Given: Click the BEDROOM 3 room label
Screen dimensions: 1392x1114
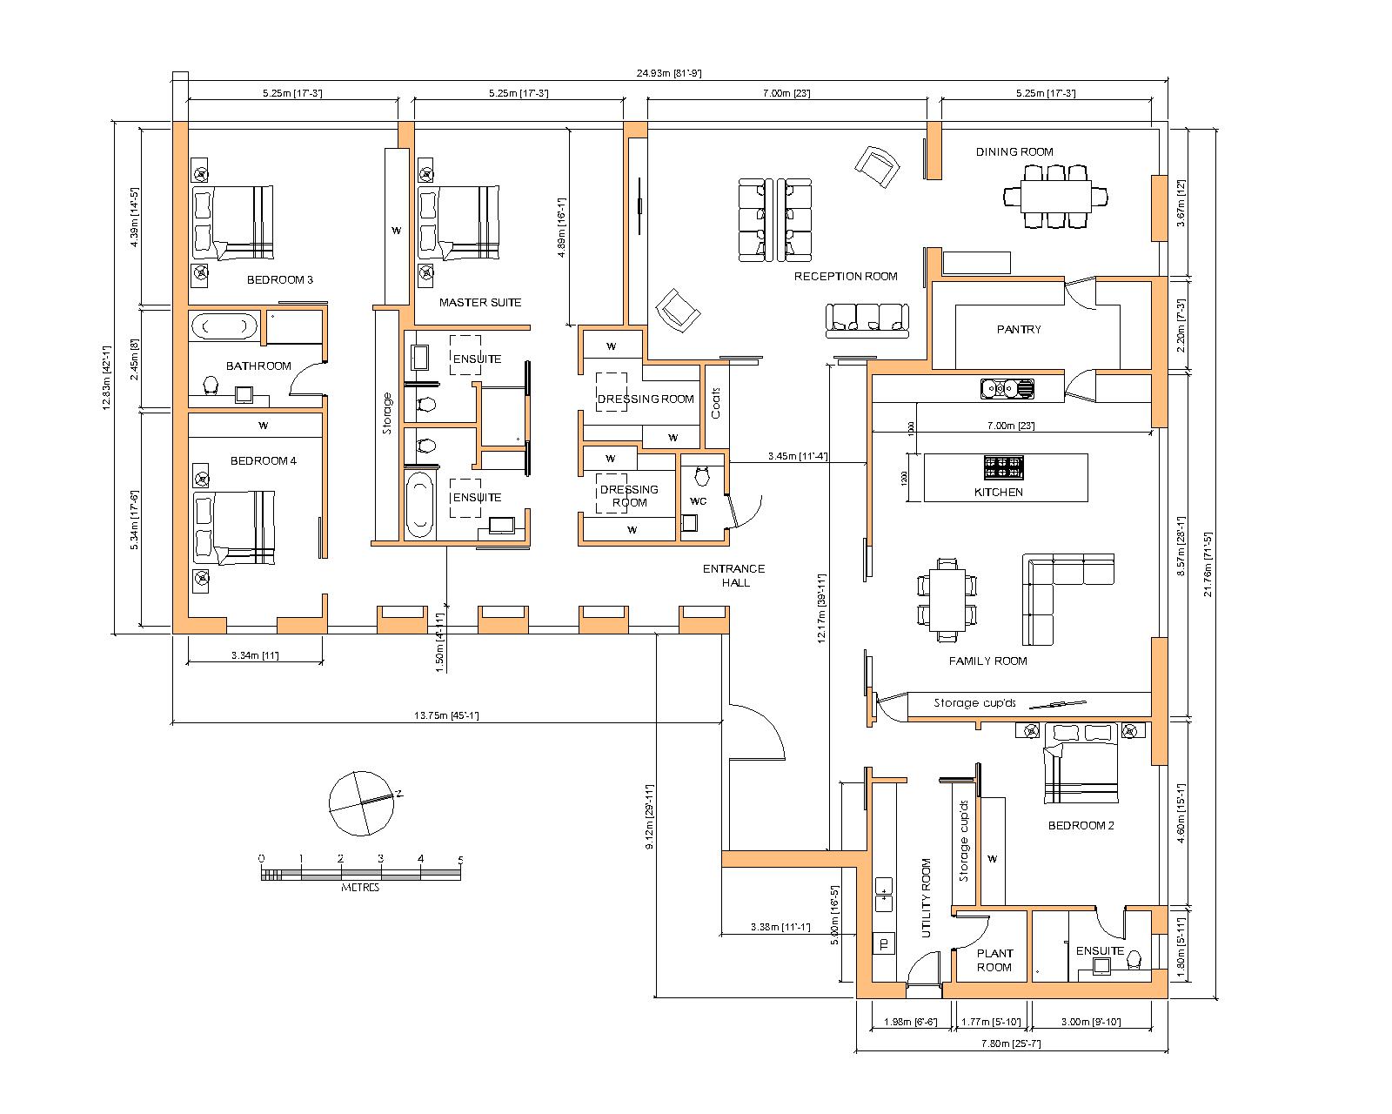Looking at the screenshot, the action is click(x=279, y=279).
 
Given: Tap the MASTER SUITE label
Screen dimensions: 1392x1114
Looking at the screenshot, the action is click(x=480, y=302).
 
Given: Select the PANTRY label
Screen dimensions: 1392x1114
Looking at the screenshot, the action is click(x=1019, y=330).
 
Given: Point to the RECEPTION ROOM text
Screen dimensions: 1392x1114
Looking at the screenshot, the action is click(x=846, y=277).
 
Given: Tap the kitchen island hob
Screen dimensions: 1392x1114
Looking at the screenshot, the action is click(x=1003, y=466).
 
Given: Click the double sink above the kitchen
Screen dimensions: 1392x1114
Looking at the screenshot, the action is click(x=1007, y=388).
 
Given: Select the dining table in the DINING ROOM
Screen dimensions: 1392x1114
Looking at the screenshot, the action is click(x=1055, y=196).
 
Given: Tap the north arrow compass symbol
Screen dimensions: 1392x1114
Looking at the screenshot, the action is click(x=361, y=803).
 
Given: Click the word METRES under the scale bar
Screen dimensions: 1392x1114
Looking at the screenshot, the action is click(x=360, y=888).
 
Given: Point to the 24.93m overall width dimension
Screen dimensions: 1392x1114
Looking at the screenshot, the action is click(x=669, y=73).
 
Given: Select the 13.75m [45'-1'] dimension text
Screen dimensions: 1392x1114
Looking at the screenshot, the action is click(x=446, y=715).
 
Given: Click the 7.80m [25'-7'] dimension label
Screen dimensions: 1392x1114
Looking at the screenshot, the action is click(x=1011, y=1043).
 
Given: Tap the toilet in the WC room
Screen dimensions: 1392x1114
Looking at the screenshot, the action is click(x=702, y=476).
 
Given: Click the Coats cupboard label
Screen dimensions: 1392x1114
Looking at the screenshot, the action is click(x=716, y=403).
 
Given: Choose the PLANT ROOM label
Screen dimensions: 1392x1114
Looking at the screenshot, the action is click(x=994, y=961).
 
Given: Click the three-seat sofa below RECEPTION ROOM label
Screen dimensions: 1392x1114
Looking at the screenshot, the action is click(x=867, y=320).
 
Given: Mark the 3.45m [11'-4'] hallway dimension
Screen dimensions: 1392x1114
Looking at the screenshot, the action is click(x=798, y=456).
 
